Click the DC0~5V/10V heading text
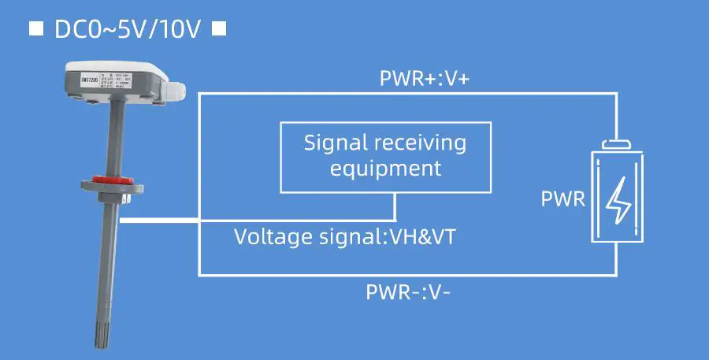click(128, 29)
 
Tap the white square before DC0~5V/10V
click(35, 29)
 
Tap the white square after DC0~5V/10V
click(220, 29)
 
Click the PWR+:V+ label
click(425, 79)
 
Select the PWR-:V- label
click(408, 292)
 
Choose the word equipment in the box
click(385, 168)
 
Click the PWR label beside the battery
click(563, 199)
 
